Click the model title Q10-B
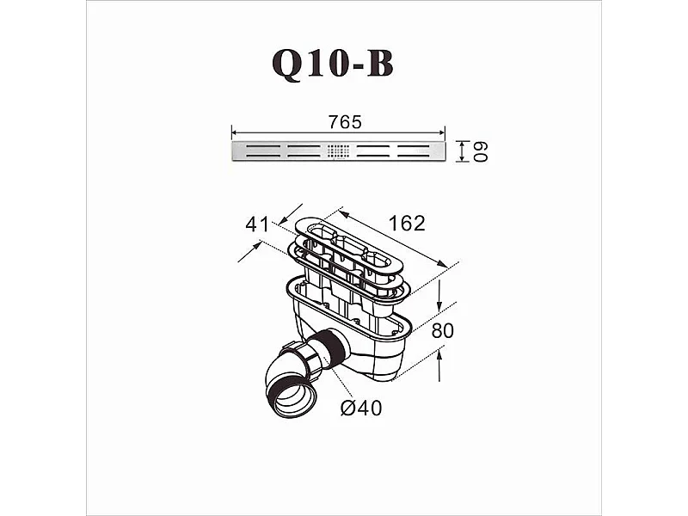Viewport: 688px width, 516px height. click(x=332, y=64)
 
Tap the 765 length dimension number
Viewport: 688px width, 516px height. click(x=345, y=122)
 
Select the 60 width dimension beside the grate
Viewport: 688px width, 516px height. click(x=482, y=151)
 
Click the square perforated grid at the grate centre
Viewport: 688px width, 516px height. click(x=339, y=150)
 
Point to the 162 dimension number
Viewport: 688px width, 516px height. click(x=406, y=224)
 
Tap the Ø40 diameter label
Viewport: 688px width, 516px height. click(x=360, y=408)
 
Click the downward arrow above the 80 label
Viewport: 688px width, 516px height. click(x=439, y=306)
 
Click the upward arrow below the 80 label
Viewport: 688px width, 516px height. click(x=439, y=353)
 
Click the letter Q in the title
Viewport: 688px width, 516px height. click(x=289, y=64)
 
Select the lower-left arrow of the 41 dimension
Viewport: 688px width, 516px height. click(x=256, y=247)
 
